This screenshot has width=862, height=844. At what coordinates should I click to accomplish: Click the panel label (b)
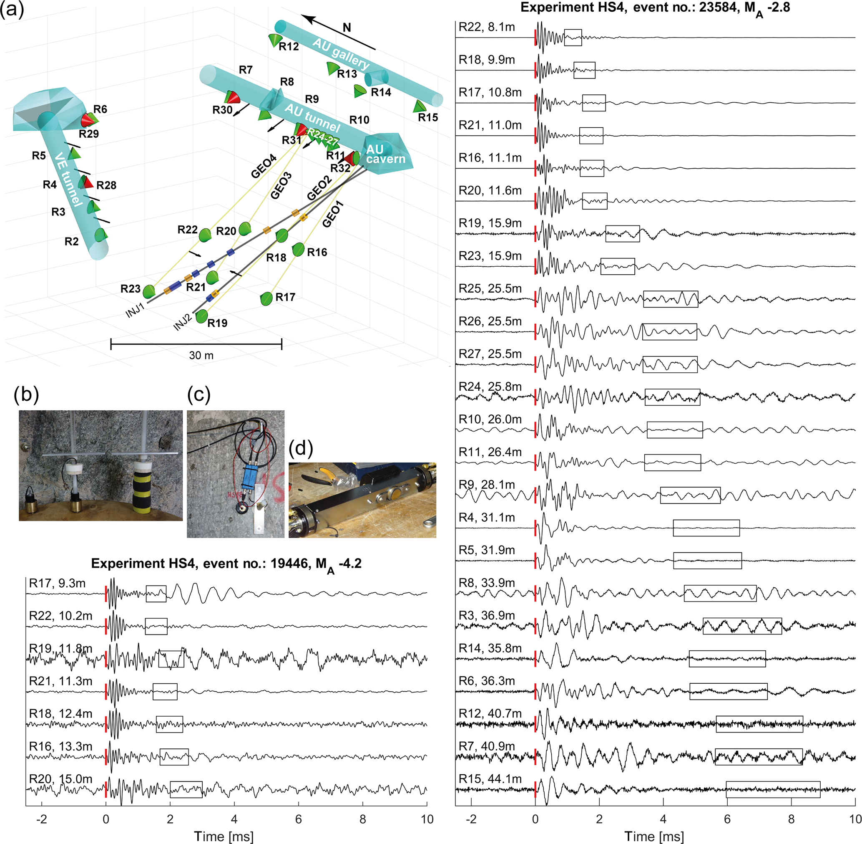point(26,394)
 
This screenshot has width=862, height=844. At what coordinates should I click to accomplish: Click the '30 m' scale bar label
point(201,356)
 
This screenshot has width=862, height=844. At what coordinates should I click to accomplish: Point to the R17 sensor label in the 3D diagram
point(285,297)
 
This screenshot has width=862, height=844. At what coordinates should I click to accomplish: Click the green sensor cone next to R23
point(149,291)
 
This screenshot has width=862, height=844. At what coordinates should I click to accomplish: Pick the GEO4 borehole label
point(264,166)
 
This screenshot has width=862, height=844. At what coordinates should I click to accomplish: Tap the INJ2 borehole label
point(183,322)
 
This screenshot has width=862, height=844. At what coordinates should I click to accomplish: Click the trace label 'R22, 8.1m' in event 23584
point(486,28)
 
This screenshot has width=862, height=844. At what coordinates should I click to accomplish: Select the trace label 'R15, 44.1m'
point(490,779)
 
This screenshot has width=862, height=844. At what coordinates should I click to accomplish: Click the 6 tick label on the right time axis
point(727,819)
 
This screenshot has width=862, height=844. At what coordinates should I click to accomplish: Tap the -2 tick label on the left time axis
point(42,819)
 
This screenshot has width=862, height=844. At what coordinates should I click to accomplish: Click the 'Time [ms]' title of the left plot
point(224,836)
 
